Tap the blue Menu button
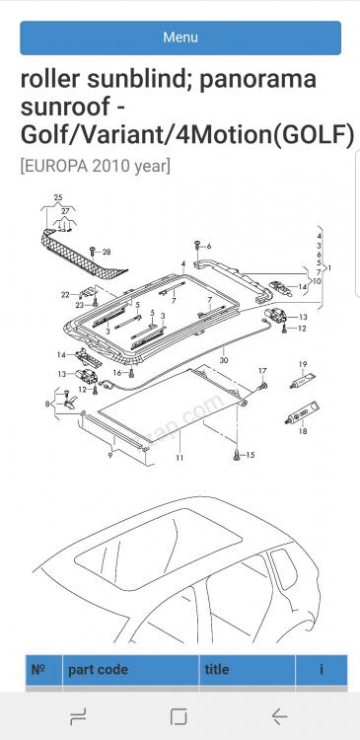click(180, 37)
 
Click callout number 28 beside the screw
click(107, 252)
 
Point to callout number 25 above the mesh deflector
click(58, 197)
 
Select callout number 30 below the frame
click(224, 359)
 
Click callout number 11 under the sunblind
click(180, 457)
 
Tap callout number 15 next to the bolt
click(251, 455)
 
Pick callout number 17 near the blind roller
click(262, 371)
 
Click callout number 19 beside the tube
click(303, 364)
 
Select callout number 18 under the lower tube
click(303, 430)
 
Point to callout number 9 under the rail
click(110, 456)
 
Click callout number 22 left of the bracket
click(65, 295)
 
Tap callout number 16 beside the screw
click(117, 373)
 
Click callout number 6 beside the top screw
click(208, 246)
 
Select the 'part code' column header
click(99, 670)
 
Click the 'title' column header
click(217, 669)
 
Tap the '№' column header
click(37, 669)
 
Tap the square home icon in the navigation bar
click(179, 717)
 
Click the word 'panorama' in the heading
click(257, 79)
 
